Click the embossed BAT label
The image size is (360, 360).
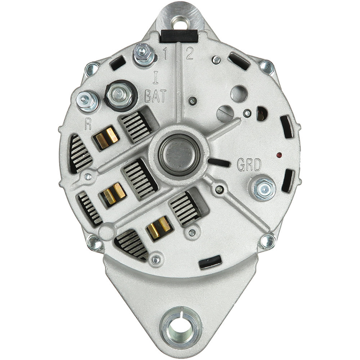pyautogui.click(x=155, y=96)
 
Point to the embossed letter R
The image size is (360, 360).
pyautogui.click(x=88, y=124)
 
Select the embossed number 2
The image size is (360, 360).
pyautogui.click(x=189, y=53)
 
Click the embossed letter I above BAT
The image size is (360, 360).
pyautogui.click(x=156, y=77)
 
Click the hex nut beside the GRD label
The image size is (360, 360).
pyautogui.click(x=264, y=188)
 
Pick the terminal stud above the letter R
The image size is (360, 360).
pyautogui.click(x=87, y=102)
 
